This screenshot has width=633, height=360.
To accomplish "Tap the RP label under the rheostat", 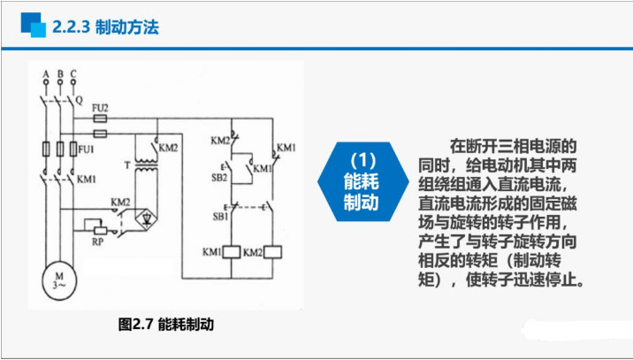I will pyautogui.click(x=99, y=240).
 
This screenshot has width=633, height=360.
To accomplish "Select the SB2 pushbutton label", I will pyautogui.click(x=219, y=177).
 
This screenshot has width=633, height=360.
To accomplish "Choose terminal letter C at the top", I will pyautogui.click(x=73, y=73).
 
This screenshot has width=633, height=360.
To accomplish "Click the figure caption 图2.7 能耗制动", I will pyautogui.click(x=166, y=325).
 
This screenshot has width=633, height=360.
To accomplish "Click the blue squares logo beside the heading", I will pyautogui.click(x=33, y=27).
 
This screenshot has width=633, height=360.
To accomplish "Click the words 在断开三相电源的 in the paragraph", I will pyautogui.click(x=513, y=145).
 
